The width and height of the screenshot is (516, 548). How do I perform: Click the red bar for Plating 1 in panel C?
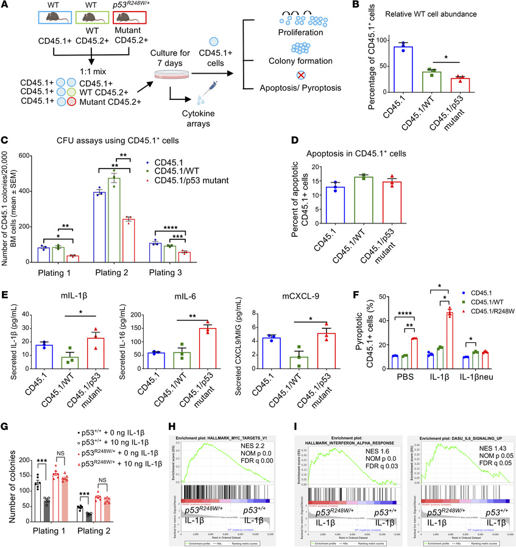pyautogui.click(x=74, y=258)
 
